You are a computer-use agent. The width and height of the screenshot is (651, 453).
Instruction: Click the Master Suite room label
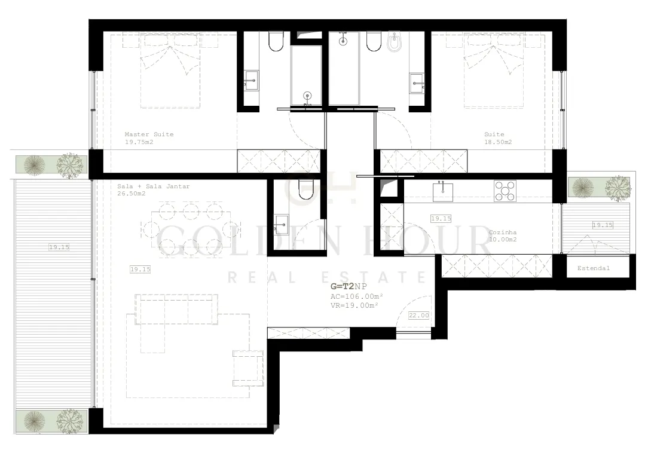pyautogui.click(x=149, y=134)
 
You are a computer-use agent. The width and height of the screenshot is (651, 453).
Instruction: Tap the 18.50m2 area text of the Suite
pyautogui.click(x=498, y=142)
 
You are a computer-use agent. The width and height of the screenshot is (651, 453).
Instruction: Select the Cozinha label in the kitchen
pyautogui.click(x=502, y=232)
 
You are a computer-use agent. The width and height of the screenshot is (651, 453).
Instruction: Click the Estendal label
pyautogui.click(x=593, y=268)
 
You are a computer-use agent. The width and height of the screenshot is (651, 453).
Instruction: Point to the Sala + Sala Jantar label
pyautogui.click(x=153, y=186)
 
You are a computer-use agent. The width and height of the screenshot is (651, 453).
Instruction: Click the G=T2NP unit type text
pyautogui.click(x=349, y=286)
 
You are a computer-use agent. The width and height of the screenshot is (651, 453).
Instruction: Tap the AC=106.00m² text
pyautogui.click(x=356, y=296)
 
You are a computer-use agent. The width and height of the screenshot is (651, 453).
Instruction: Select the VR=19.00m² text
pyautogui.click(x=354, y=305)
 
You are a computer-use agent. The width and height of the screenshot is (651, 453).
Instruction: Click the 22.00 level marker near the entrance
pyautogui.click(x=418, y=316)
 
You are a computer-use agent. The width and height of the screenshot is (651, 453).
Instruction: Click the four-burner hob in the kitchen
pyautogui.click(x=505, y=191)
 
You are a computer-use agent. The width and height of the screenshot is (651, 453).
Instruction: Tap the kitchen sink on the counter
pyautogui.click(x=443, y=191)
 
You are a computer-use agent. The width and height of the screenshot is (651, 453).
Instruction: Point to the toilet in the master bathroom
pyautogui.click(x=275, y=41)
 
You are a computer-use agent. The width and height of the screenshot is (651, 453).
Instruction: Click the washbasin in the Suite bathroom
pyautogui.click(x=417, y=84)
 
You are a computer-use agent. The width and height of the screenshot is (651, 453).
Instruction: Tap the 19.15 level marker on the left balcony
pyautogui.click(x=59, y=247)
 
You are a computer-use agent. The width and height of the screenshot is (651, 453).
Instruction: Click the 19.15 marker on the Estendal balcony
pyautogui.click(x=603, y=225)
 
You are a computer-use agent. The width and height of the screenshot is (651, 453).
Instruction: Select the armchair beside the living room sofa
pyautogui.click(x=248, y=368)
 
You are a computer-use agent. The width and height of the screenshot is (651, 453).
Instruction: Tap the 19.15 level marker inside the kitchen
pyautogui.click(x=441, y=219)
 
